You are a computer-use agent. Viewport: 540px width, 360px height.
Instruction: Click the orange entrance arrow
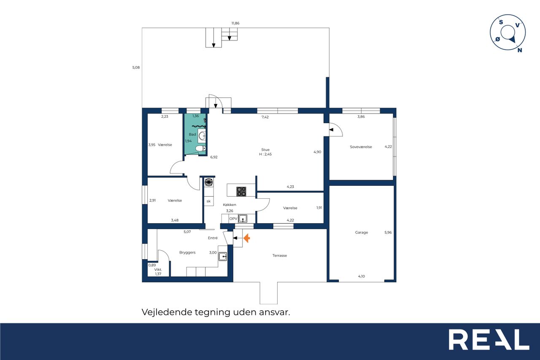[247, 238]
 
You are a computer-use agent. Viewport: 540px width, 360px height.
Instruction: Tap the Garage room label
[362, 233]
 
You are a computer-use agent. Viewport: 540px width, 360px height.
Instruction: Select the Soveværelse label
[361, 147]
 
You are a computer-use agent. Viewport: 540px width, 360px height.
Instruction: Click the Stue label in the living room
[265, 149]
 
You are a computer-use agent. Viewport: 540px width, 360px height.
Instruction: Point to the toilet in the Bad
[200, 149]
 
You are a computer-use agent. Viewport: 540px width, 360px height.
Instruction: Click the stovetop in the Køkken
[241, 192]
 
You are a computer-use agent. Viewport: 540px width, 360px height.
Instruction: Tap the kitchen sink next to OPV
[243, 219]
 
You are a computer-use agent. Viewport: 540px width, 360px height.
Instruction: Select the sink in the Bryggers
[222, 257]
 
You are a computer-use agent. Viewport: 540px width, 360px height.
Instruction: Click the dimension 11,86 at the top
[235, 23]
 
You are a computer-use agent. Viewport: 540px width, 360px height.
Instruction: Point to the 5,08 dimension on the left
[136, 68]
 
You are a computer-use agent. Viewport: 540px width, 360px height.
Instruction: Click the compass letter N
[520, 50]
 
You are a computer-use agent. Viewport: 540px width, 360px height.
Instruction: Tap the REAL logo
[489, 339]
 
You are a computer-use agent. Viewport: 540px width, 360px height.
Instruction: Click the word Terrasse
[280, 256]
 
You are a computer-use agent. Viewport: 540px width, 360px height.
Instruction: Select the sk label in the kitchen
[208, 201]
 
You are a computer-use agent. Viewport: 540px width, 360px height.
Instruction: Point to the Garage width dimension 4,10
[362, 276]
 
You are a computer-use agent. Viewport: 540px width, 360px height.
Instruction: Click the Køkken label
[229, 205]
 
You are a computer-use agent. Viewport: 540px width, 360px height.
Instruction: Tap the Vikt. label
[158, 270]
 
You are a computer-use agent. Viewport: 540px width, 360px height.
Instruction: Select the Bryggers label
[187, 253]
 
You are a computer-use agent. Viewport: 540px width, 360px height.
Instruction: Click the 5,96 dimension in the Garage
[388, 233]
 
